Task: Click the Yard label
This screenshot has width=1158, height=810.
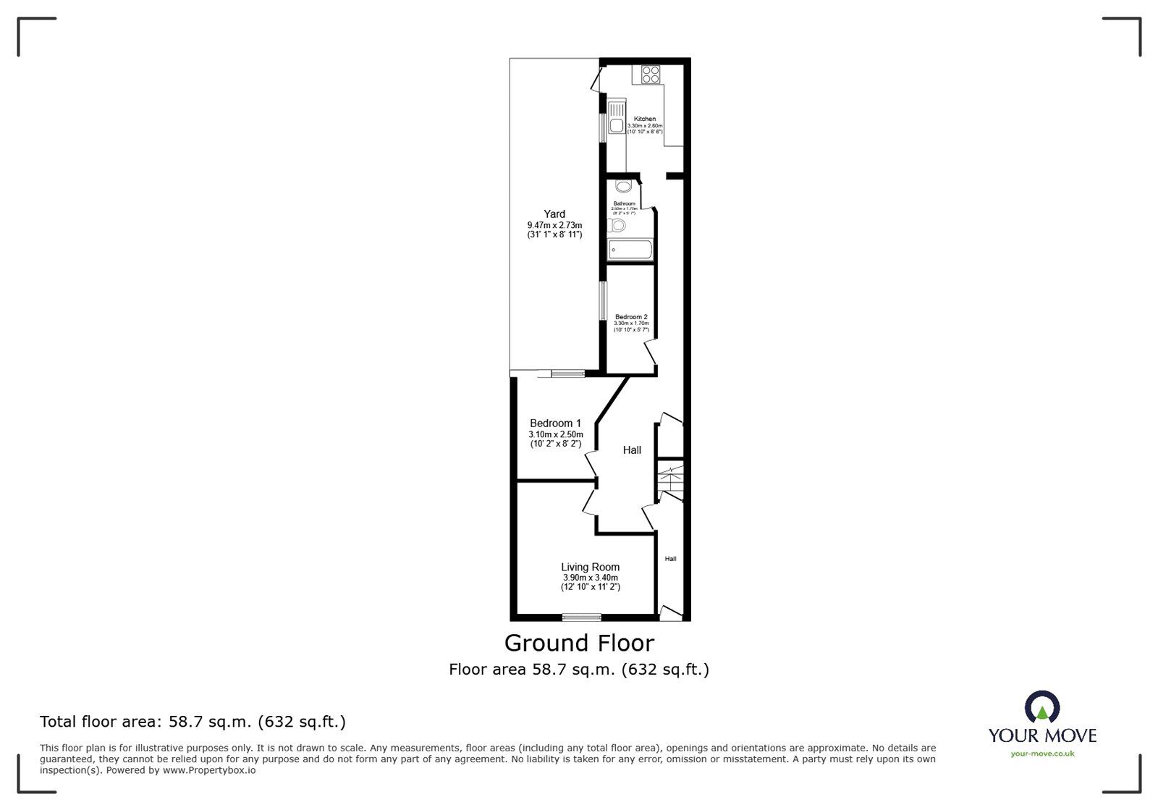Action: [554, 214]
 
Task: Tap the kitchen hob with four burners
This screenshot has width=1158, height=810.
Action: [649, 75]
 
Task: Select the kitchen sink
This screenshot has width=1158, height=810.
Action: [617, 120]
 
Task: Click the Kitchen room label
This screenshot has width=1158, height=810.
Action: [645, 119]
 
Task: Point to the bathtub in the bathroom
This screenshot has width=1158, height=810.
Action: [630, 250]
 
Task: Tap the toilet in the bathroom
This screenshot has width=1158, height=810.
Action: [617, 227]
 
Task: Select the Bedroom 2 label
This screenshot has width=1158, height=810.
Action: [631, 316]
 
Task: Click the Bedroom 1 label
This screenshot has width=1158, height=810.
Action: [555, 423]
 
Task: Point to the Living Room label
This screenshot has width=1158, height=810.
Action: [590, 567]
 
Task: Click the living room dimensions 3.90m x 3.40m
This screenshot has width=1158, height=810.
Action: [590, 578]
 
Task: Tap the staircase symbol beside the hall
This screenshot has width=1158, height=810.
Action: [671, 480]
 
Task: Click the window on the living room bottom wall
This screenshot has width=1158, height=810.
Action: [582, 617]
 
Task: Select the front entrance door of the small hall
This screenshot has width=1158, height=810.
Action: [671, 614]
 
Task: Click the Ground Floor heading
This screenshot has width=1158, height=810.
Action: [579, 643]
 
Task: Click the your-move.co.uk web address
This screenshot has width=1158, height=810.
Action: [1042, 754]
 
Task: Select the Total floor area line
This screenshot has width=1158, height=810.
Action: [193, 722]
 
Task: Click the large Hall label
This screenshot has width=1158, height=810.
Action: [632, 450]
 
